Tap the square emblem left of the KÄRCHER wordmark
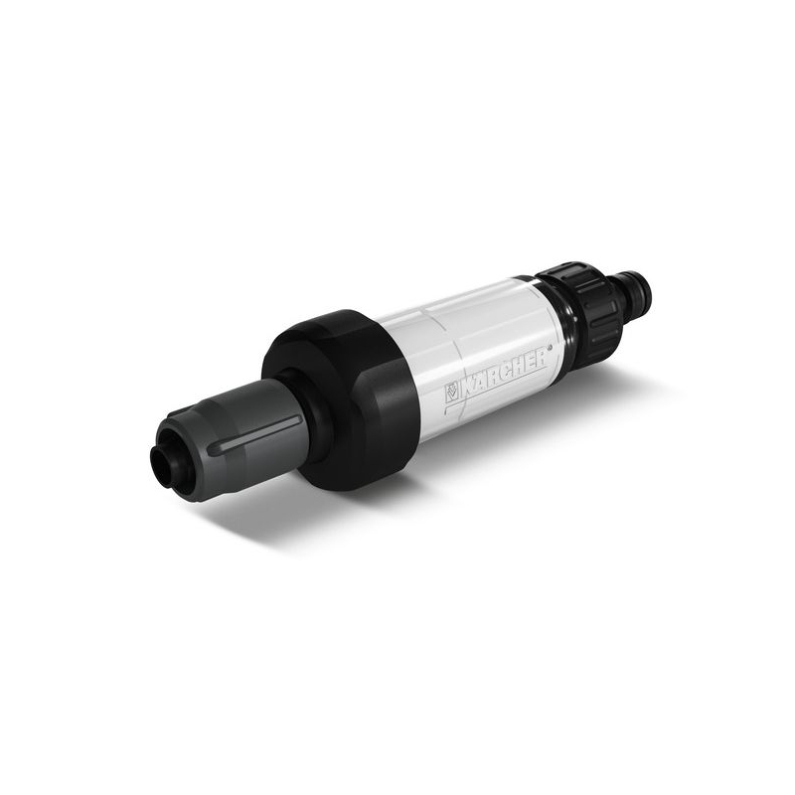click(x=452, y=391)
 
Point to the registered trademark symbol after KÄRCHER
click(x=551, y=350)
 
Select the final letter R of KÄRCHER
click(x=541, y=356)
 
